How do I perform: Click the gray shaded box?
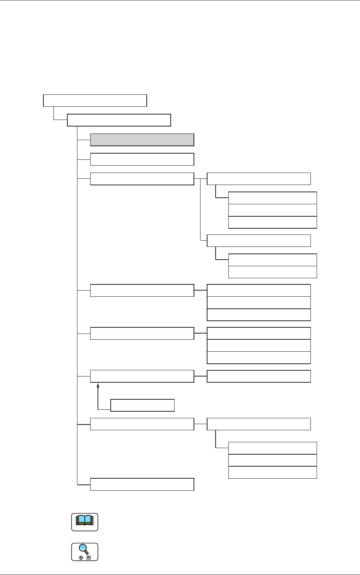tap(142, 140)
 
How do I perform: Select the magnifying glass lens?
tap(83, 548)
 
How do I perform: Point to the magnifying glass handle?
tap(87, 553)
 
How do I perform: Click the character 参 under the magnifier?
tap(81, 558)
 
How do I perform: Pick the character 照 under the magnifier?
tap(89, 558)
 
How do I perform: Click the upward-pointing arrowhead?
tap(98, 385)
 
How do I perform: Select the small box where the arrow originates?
tap(142, 405)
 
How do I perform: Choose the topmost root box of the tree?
tap(95, 100)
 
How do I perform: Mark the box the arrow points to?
tap(142, 376)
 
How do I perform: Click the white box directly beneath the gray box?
tap(142, 159)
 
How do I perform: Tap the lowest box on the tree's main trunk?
tap(142, 484)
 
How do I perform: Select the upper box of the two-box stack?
tap(273, 260)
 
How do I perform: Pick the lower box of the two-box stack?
tap(273, 272)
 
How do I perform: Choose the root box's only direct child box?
tap(119, 120)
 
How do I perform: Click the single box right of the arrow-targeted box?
tap(259, 376)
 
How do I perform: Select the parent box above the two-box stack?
tap(259, 241)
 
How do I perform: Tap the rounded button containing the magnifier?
tap(85, 552)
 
